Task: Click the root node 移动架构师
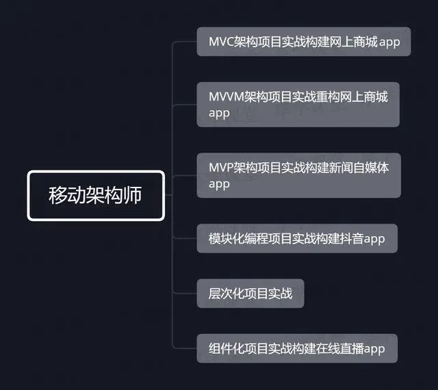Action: coord(96,196)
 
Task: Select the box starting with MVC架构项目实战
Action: coord(303,42)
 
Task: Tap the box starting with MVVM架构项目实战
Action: coord(298,105)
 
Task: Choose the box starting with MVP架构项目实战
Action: coord(298,174)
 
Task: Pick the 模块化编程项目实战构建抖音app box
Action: coord(296,238)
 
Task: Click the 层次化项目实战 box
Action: coord(250,294)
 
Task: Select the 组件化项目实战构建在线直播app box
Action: coord(296,348)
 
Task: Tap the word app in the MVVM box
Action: coord(218,113)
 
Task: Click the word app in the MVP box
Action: coord(218,183)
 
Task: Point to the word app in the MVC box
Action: coord(389,42)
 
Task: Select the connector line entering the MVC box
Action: coord(186,42)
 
